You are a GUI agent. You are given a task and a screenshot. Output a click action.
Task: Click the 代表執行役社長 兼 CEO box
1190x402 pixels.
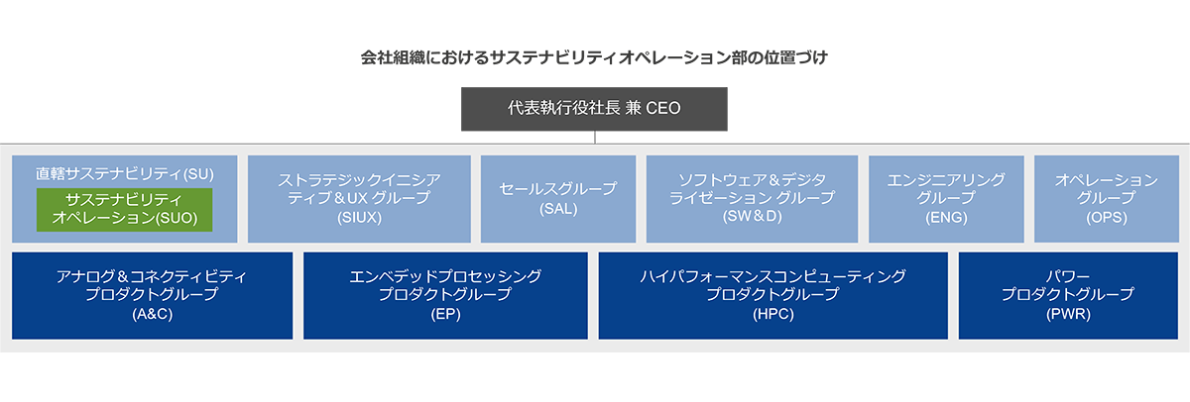click(x=594, y=109)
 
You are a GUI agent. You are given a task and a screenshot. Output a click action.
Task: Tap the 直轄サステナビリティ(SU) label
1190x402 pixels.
click(x=125, y=172)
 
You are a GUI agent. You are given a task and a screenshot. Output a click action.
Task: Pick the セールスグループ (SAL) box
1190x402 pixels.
click(x=558, y=198)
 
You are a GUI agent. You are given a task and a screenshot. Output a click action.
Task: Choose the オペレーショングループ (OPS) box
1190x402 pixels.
click(x=1106, y=198)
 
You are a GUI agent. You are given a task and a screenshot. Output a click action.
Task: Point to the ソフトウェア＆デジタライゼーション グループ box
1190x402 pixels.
click(x=752, y=198)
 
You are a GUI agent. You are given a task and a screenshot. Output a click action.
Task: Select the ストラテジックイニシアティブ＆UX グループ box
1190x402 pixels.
click(x=359, y=198)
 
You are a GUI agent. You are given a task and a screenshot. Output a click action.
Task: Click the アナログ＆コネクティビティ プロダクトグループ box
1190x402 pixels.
click(x=152, y=295)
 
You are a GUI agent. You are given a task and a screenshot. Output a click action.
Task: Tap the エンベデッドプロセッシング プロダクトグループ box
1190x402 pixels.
click(x=445, y=295)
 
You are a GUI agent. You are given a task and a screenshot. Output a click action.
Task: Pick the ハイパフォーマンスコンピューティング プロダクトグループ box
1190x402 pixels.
click(x=773, y=295)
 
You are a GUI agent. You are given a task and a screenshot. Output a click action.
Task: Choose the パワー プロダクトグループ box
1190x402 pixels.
click(x=1067, y=295)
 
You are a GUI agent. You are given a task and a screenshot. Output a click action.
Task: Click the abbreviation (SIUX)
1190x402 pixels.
click(x=359, y=217)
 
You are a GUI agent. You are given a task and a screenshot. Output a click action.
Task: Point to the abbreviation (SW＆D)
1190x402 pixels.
click(x=752, y=217)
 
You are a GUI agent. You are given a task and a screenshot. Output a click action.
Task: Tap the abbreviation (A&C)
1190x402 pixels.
click(x=152, y=315)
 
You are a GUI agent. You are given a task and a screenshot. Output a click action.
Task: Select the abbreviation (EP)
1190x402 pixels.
click(x=445, y=315)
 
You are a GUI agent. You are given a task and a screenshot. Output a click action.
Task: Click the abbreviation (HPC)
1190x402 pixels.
click(x=773, y=315)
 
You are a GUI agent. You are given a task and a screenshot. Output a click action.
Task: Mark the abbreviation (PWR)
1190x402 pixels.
click(x=1067, y=315)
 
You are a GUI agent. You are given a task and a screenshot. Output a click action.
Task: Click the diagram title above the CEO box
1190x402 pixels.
click(x=594, y=57)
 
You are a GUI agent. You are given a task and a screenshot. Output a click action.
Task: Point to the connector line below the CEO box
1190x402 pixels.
click(x=595, y=138)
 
